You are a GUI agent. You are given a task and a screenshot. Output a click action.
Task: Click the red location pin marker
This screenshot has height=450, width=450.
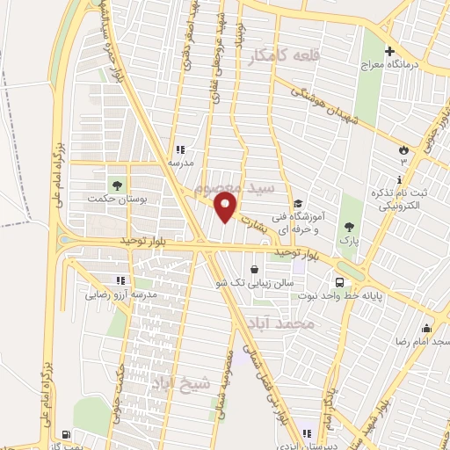[226, 207]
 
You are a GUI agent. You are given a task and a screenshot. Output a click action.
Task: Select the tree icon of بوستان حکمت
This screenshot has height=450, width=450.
[115, 185]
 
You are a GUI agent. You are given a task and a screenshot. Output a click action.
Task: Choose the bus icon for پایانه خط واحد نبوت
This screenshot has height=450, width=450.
[339, 283]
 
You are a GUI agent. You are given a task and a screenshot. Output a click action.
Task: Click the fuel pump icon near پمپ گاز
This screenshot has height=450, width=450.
[68, 434]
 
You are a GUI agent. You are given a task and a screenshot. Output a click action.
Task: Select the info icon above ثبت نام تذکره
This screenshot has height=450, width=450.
[400, 180]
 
